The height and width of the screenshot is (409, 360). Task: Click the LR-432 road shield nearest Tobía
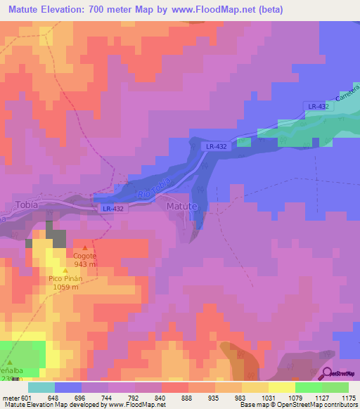tap(112, 209)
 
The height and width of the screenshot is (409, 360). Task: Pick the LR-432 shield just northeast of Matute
tap(216, 146)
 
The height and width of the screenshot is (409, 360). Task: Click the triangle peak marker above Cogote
tap(86, 247)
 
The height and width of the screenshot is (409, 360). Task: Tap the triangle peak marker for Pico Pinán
tap(66, 270)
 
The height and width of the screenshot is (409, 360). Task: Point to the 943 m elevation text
tap(85, 265)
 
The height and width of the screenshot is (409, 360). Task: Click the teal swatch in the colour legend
tap(41, 387)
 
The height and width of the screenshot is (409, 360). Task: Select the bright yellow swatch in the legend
tap(281, 387)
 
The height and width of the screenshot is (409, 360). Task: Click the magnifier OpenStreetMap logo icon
tap(327, 373)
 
